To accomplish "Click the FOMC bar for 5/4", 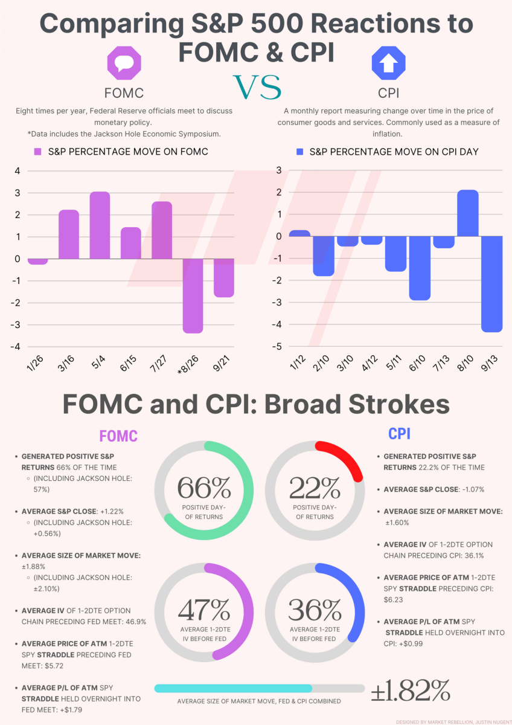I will click(100, 225).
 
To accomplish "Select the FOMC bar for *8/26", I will click(193, 295).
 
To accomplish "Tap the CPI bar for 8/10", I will click(468, 213).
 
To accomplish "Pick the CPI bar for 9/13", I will click(493, 283).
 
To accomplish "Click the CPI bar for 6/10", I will click(420, 268).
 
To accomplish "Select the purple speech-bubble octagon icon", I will click(123, 63).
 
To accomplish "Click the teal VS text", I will click(256, 88).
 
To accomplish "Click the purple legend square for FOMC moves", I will click(37, 152).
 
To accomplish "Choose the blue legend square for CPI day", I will click(300, 152).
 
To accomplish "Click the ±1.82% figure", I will click(411, 689).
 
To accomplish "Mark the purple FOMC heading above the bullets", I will click(118, 436).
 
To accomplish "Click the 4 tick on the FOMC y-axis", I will click(17, 171).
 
